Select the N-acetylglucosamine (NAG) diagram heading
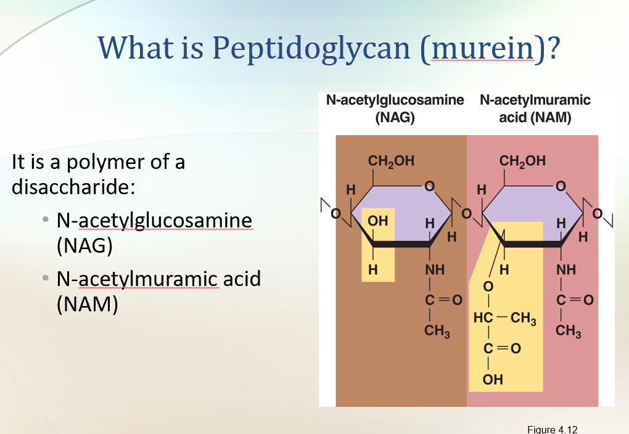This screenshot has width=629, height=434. pyautogui.click(x=395, y=108)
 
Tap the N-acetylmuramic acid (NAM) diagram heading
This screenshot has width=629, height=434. pyautogui.click(x=535, y=108)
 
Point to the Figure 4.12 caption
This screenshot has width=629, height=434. pyautogui.click(x=553, y=429)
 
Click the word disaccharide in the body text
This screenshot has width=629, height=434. pyautogui.click(x=74, y=186)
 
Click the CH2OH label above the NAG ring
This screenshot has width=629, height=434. pyautogui.click(x=391, y=162)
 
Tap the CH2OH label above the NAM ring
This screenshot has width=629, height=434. pyautogui.click(x=522, y=162)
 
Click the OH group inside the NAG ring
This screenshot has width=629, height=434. pyautogui.click(x=377, y=221)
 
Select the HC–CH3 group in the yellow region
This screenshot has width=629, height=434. pyautogui.click(x=504, y=319)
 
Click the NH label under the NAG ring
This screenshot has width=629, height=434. pyautogui.click(x=435, y=269)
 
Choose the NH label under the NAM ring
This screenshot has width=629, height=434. pyautogui.click(x=566, y=269)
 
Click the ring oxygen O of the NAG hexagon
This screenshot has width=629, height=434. pyautogui.click(x=430, y=185)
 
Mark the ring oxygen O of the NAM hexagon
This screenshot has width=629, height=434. pyautogui.click(x=560, y=185)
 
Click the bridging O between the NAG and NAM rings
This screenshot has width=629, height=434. pyautogui.click(x=466, y=213)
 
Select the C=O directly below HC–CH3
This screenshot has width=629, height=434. pyautogui.click(x=501, y=349)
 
